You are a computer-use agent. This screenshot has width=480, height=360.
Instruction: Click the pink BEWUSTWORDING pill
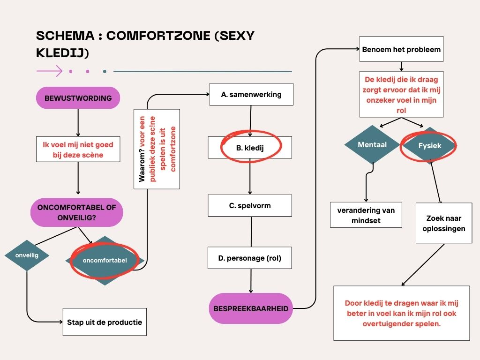pyautogui.click(x=78, y=98)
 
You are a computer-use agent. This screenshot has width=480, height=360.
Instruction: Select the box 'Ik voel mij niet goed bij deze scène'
pyautogui.click(x=78, y=149)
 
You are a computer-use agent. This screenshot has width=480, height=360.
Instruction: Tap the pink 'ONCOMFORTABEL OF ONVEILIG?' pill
pyautogui.click(x=77, y=212)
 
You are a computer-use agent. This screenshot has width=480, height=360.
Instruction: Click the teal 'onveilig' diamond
pyautogui.click(x=27, y=255)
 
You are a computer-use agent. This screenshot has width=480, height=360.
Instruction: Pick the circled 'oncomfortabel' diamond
pyautogui.click(x=105, y=261)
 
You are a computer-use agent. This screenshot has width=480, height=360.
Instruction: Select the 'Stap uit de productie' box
pyautogui.click(x=105, y=322)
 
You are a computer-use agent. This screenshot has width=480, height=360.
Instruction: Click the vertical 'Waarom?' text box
pyautogui.click(x=157, y=149)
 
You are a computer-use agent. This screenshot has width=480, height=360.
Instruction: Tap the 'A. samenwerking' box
pyautogui.click(x=251, y=94)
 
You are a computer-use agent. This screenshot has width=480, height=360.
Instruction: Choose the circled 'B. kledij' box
pyautogui.click(x=250, y=148)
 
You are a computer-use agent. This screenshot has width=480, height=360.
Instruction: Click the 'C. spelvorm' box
pyautogui.click(x=250, y=205)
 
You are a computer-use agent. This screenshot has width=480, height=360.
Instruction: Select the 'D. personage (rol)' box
pyautogui.click(x=250, y=258)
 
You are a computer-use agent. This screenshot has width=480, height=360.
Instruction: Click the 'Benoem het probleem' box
pyautogui.click(x=401, y=49)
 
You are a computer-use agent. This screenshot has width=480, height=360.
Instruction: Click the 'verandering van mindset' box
pyautogui.click(x=366, y=215)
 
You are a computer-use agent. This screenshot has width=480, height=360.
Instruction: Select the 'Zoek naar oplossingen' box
pyautogui.click(x=444, y=223)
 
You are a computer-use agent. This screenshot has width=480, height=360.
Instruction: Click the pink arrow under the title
pyautogui.click(x=50, y=71)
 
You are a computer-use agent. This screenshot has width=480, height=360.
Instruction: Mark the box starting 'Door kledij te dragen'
pyautogui.click(x=402, y=313)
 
